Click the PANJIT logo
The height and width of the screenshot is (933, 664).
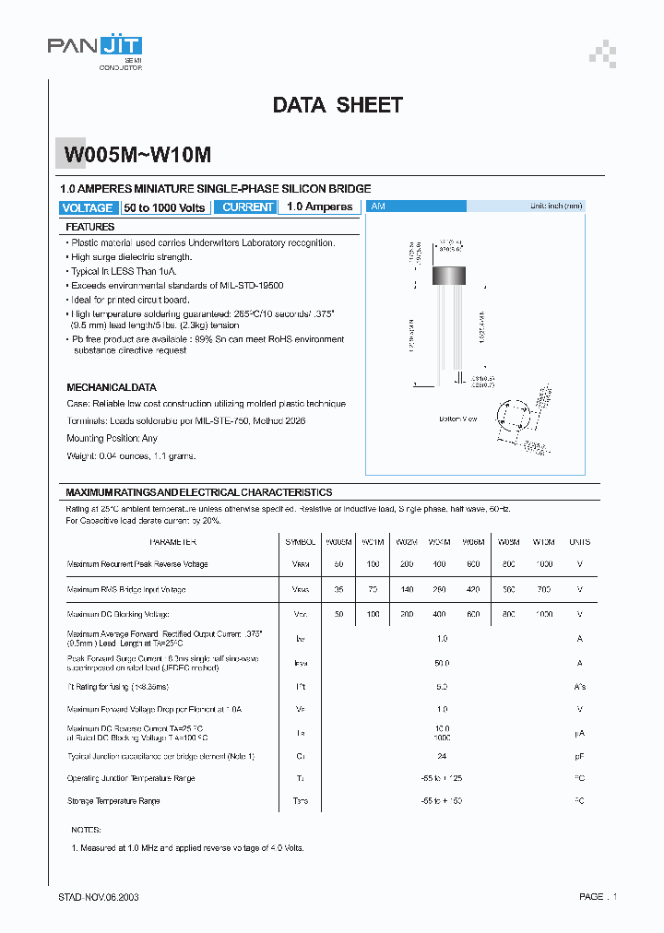point(94,47)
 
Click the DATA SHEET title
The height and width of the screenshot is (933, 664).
point(338,105)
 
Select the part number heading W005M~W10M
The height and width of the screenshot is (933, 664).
point(137,156)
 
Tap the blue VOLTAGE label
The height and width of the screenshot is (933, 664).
point(88,207)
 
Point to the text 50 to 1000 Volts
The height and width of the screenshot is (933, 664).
point(164,207)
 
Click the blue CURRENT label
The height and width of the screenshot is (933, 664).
point(247,207)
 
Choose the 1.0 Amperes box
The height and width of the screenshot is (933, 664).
point(319,207)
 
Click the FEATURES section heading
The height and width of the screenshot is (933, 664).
point(90,227)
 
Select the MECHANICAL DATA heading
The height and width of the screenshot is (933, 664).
point(112,387)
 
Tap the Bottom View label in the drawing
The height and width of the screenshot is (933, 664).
point(457,419)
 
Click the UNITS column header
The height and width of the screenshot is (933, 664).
point(579,542)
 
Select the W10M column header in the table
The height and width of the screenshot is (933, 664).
point(544,542)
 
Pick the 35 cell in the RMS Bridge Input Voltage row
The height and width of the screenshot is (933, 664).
point(338,589)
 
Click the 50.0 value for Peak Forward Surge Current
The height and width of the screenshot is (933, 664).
point(443,663)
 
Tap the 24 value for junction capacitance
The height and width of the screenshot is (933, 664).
point(443,756)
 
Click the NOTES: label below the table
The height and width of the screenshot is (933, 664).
point(85,830)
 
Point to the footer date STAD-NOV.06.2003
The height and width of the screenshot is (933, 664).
point(100,896)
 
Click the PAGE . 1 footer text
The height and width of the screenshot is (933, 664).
point(598,896)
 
